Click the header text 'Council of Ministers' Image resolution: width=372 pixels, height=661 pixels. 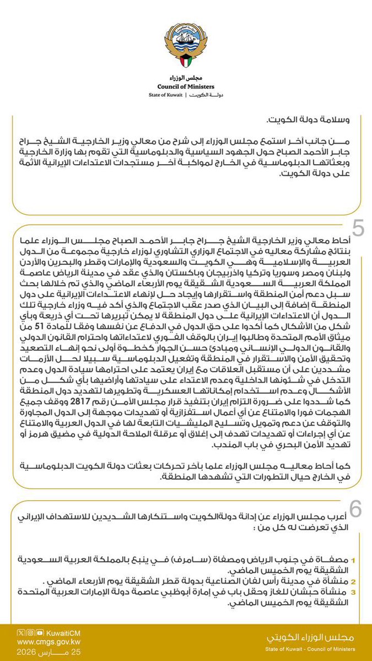186,86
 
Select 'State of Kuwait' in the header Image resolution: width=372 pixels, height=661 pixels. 163,96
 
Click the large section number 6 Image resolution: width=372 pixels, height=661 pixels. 356,510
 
